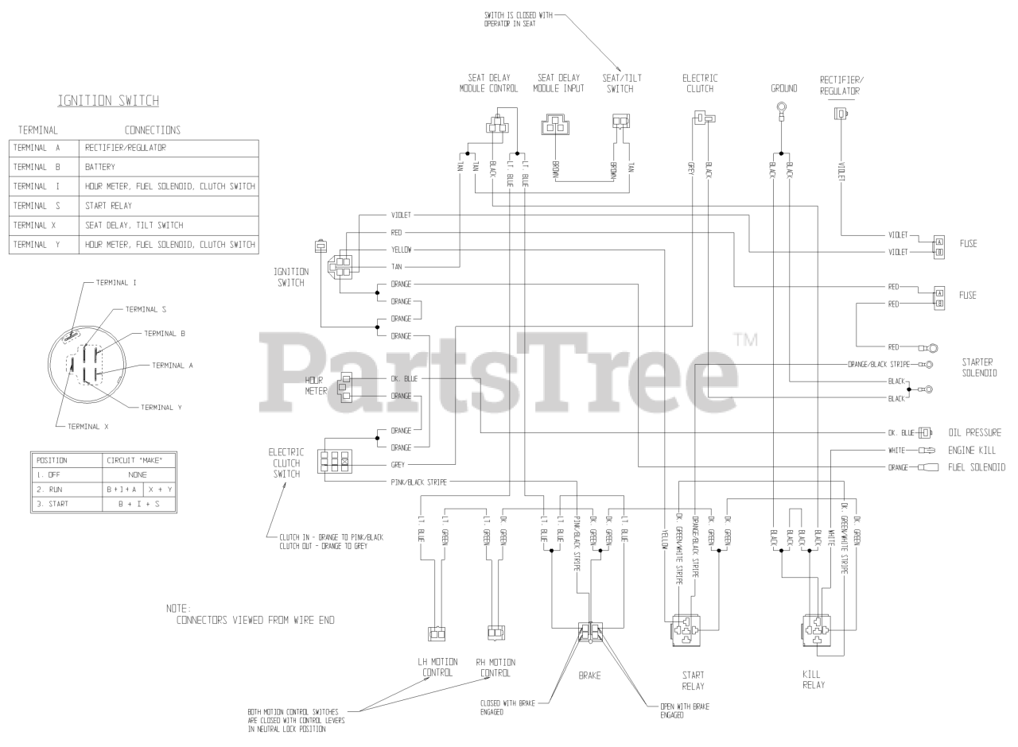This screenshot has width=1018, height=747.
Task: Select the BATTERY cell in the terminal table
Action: tap(101, 168)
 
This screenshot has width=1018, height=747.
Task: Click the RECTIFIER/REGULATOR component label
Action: tap(840, 85)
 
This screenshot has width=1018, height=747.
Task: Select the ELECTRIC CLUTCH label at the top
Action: tap(700, 83)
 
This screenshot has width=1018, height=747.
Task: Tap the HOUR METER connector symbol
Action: tap(346, 387)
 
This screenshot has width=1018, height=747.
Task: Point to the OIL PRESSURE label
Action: tap(974, 433)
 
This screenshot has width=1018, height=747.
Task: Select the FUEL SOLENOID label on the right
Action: tap(977, 467)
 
